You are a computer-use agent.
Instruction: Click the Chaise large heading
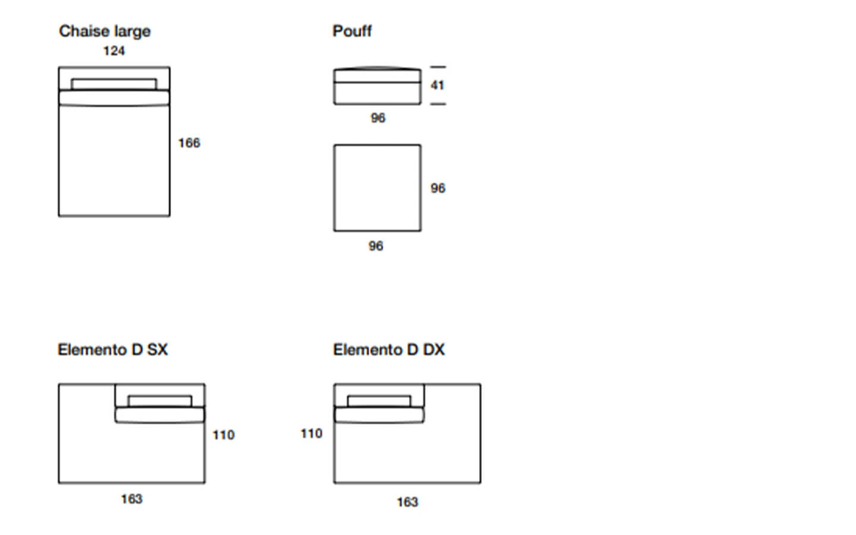click(105, 32)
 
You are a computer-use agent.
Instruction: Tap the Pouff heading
click(352, 31)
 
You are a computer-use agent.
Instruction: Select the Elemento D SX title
click(113, 350)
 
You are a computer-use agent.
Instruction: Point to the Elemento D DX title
click(389, 350)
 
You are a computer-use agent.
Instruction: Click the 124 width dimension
click(114, 51)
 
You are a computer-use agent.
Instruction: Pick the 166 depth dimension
click(189, 143)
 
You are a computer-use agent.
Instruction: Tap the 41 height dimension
click(438, 85)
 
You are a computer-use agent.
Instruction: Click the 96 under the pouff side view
click(378, 118)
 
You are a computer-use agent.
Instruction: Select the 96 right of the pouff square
click(438, 188)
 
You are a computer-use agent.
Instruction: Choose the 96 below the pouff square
click(376, 246)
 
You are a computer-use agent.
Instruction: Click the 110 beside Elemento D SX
click(224, 435)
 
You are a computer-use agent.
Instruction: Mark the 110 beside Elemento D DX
click(311, 433)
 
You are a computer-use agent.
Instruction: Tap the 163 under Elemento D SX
click(132, 499)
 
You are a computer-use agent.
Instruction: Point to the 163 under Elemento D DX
click(408, 502)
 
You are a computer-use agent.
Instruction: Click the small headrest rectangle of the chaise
click(114, 80)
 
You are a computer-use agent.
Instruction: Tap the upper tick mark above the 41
click(438, 67)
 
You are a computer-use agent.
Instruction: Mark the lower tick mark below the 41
click(438, 103)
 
